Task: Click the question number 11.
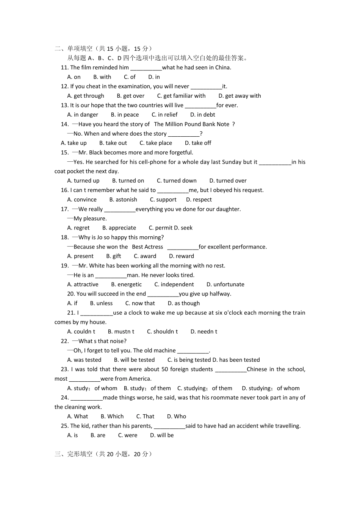point(64,67)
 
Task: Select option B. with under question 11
point(102,77)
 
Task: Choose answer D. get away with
point(239,96)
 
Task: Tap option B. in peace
point(125,115)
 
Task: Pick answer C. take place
point(156,143)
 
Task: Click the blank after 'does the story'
point(183,134)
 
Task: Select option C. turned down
point(177,181)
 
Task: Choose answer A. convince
point(82,200)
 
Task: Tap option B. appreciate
point(119,228)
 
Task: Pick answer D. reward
point(182,256)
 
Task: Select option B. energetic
point(126,284)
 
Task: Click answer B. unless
point(101,303)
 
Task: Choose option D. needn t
point(204,331)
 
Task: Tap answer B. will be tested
point(134,360)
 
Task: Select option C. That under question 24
point(145,416)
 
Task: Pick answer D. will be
point(162,435)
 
